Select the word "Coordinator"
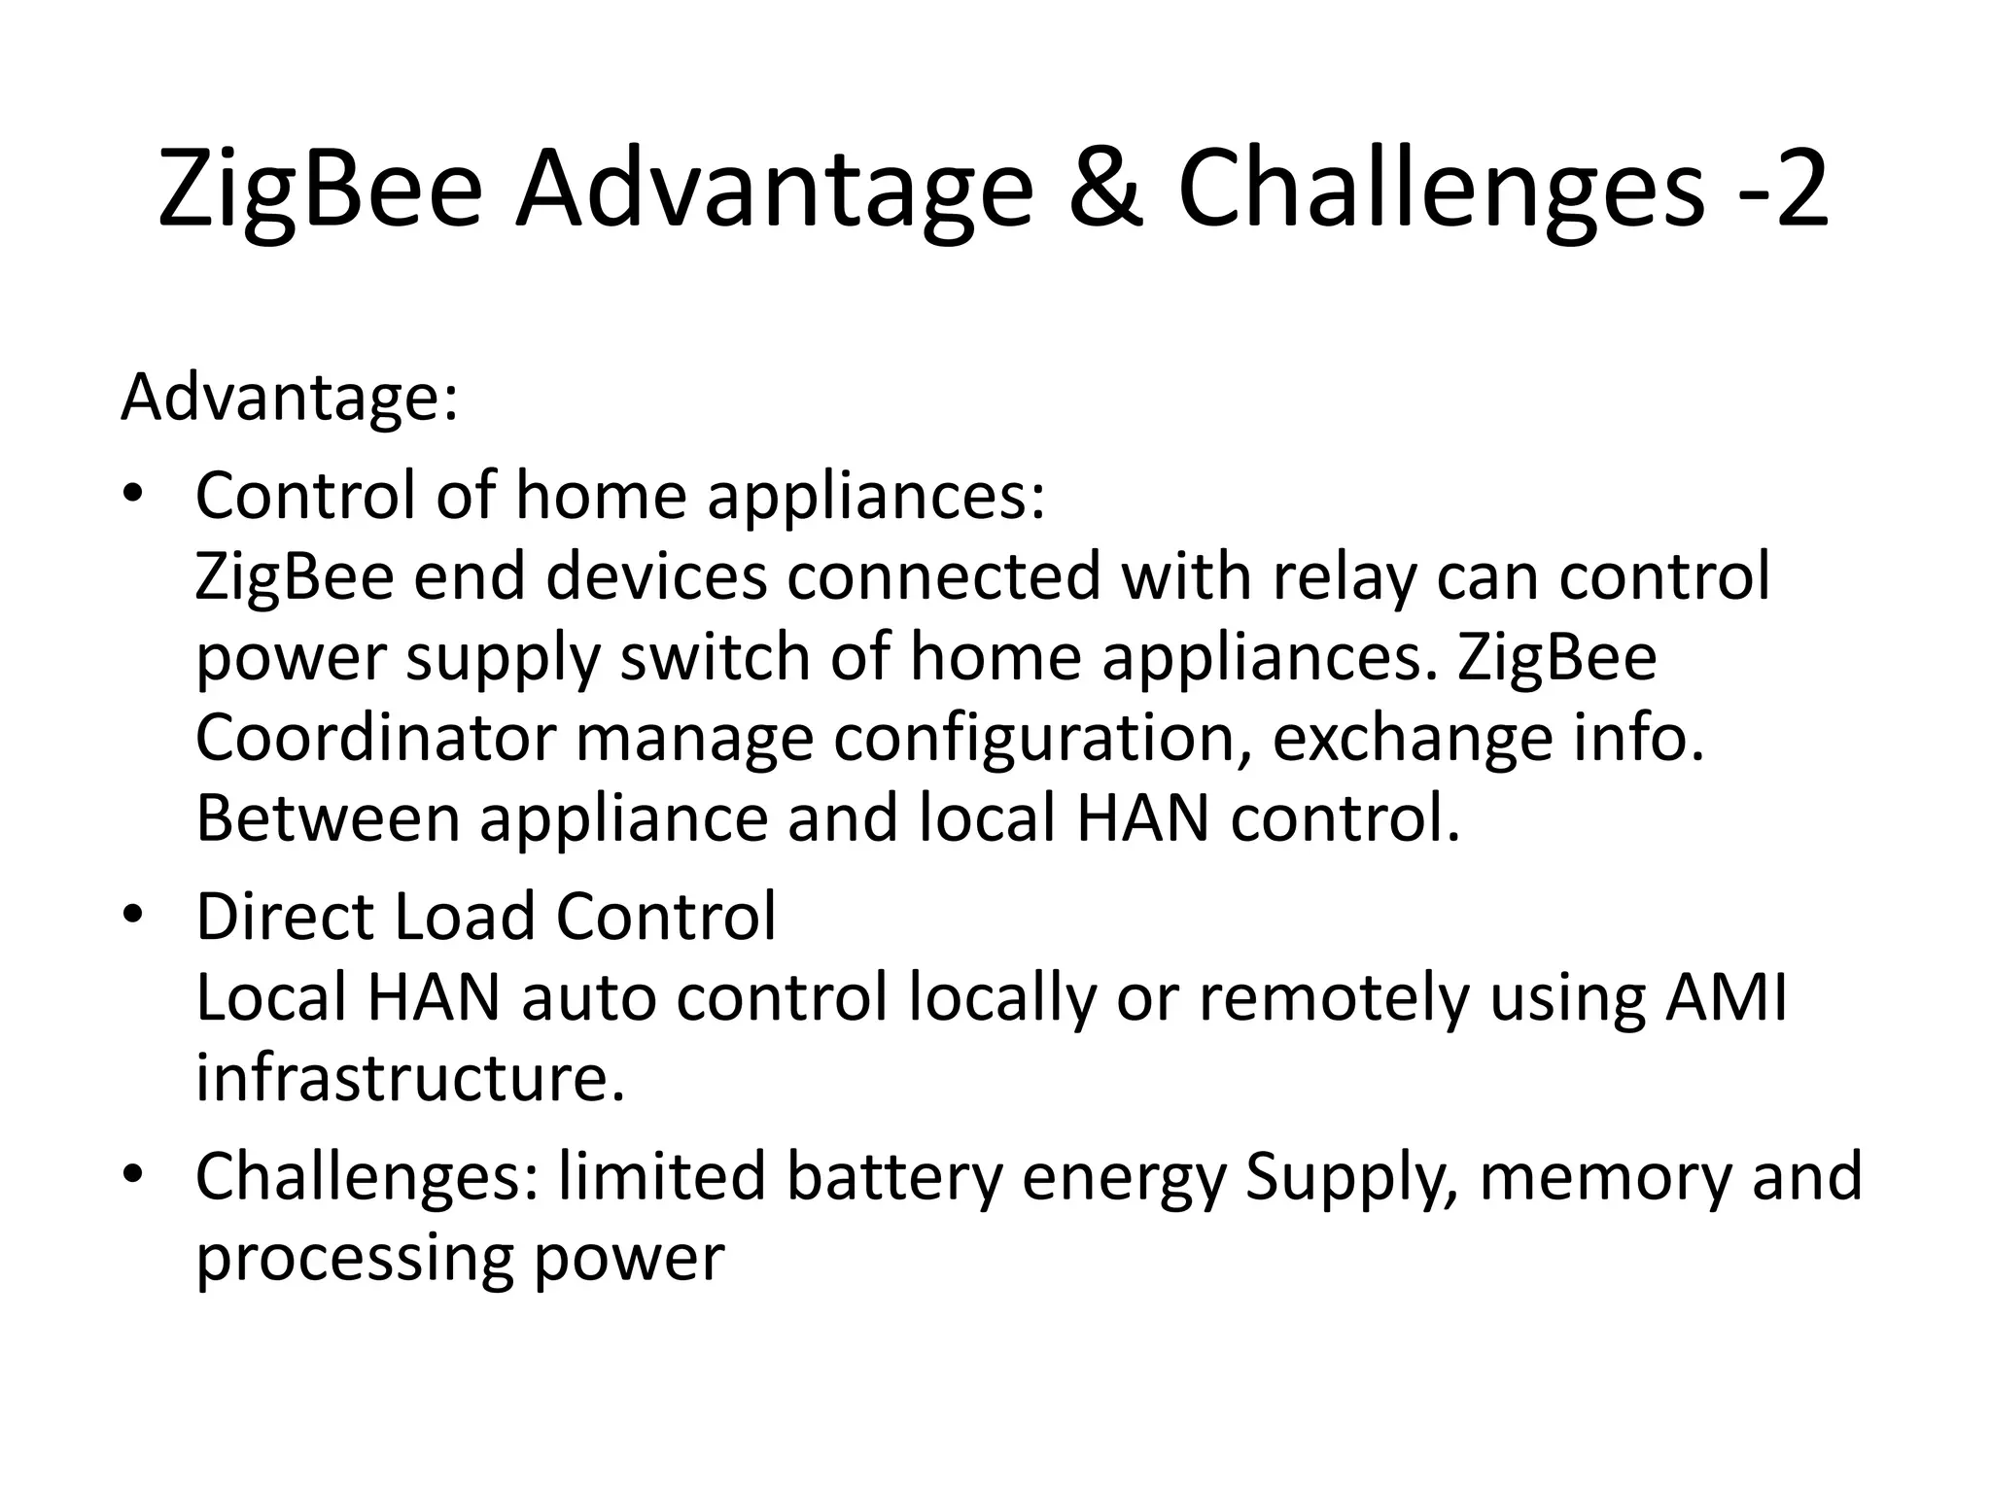[x=376, y=739]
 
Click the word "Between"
[x=328, y=818]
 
